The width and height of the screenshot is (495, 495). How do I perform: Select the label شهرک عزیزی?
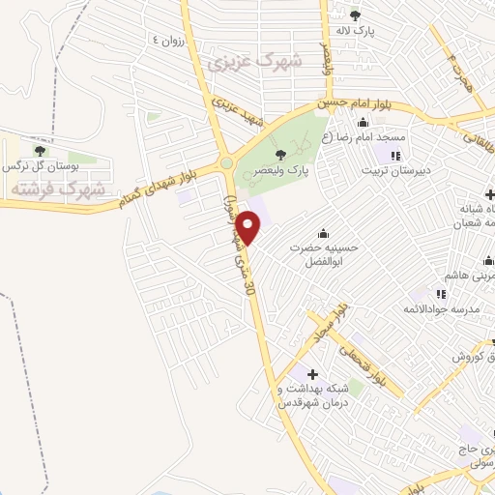pyautogui.click(x=254, y=62)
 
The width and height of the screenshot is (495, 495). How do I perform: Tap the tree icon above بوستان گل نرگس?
pyautogui.click(x=40, y=150)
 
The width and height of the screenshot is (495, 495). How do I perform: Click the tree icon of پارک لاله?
pyautogui.click(x=355, y=15)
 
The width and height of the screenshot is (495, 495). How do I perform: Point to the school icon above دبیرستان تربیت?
pyautogui.click(x=394, y=156)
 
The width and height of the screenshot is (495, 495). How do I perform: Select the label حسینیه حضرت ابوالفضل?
pyautogui.click(x=324, y=253)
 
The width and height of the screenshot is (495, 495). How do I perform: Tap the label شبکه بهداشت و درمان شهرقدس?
pyautogui.click(x=311, y=395)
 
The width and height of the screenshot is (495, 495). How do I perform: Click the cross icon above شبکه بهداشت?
pyautogui.click(x=311, y=374)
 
